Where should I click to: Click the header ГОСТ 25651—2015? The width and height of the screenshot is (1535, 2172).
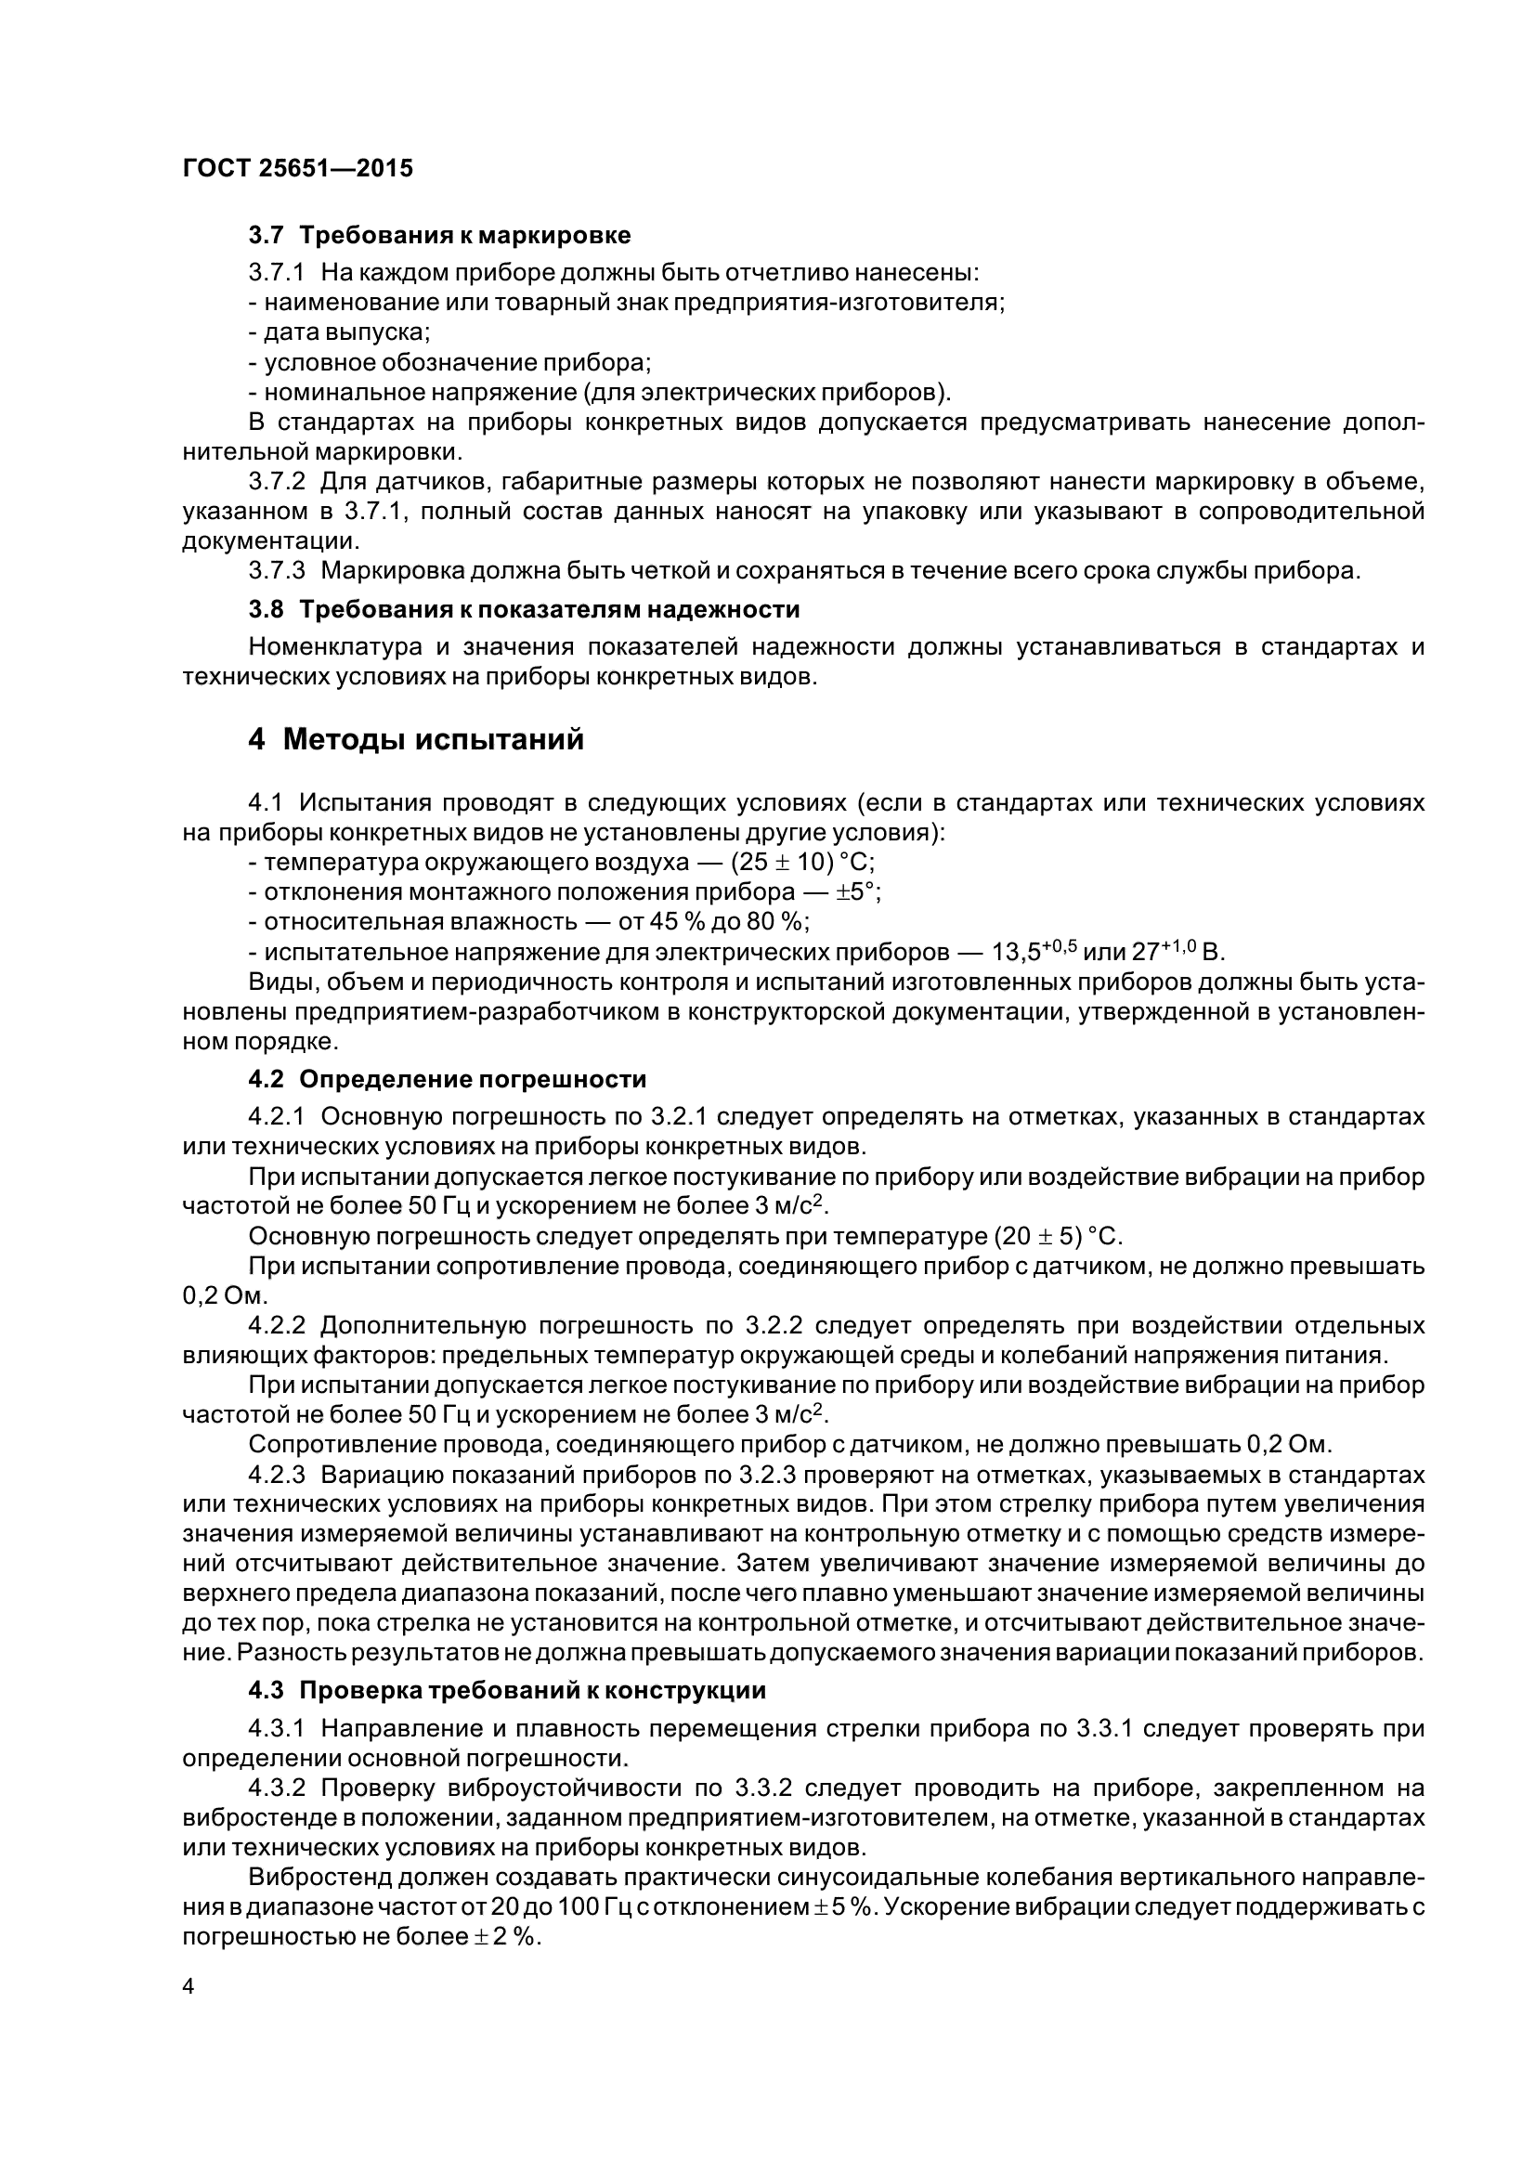pos(297,169)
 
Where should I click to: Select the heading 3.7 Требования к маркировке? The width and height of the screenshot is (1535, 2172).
pos(439,234)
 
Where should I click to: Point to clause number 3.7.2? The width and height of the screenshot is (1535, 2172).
pos(276,483)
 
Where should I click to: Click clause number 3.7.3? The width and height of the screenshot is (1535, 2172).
pos(276,571)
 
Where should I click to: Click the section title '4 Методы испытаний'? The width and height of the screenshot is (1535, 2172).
pos(416,740)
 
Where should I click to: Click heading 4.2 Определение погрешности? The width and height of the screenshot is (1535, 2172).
pos(448,1079)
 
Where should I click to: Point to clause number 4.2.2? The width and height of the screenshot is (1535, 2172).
pos(276,1325)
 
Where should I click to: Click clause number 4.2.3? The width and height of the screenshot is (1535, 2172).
pos(276,1475)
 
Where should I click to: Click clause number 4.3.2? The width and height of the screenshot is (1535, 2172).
pos(276,1788)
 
